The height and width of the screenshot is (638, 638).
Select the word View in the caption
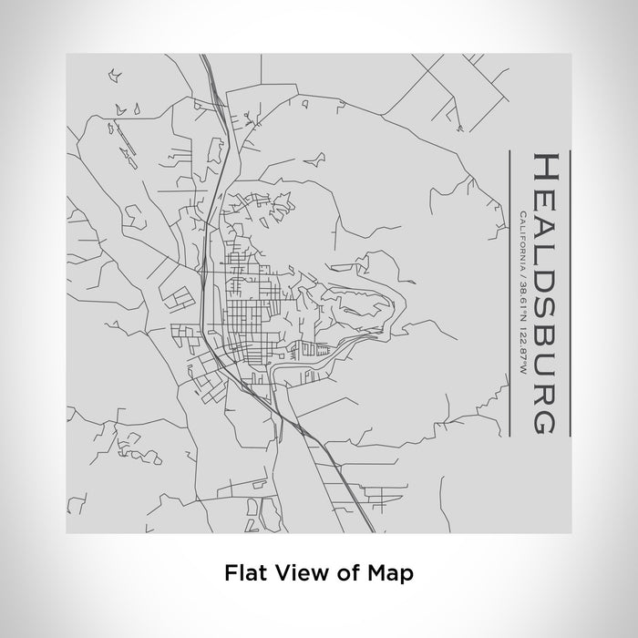[x=294, y=574]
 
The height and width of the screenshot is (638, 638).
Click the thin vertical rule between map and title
[x=507, y=292]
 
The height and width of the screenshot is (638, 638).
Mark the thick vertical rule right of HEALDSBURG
[x=570, y=292]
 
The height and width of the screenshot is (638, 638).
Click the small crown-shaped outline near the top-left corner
[x=114, y=71]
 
